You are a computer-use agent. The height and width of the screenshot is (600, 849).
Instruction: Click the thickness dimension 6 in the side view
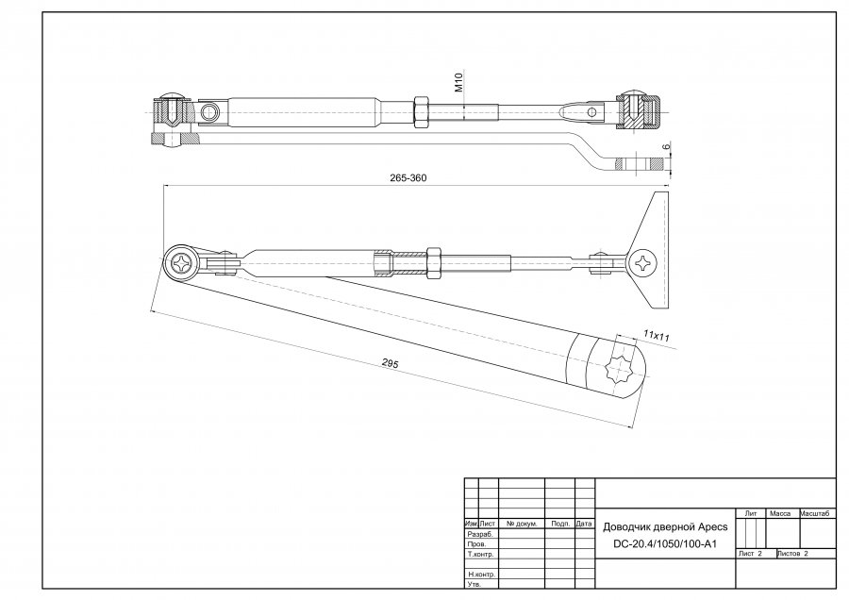(x=666, y=147)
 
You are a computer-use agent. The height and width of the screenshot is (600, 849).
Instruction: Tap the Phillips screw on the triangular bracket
(x=644, y=261)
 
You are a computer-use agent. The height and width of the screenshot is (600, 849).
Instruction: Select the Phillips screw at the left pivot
(x=183, y=263)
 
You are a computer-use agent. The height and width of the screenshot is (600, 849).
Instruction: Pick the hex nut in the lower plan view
(x=435, y=258)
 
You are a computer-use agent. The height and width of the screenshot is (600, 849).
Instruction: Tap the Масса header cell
(x=780, y=513)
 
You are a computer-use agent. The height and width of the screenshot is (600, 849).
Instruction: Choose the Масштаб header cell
(x=815, y=513)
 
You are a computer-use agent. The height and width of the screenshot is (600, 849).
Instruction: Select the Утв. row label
(x=474, y=585)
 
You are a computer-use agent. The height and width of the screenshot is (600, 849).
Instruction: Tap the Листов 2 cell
(x=794, y=554)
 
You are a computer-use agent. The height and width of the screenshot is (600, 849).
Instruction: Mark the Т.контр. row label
(x=482, y=554)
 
